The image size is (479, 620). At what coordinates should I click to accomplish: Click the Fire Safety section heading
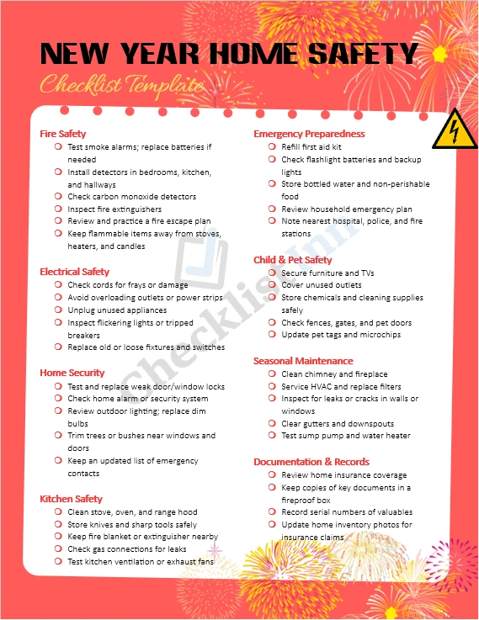[63, 133]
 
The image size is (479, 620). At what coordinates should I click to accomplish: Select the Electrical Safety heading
[75, 272]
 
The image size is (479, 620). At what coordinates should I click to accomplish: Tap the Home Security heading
[72, 373]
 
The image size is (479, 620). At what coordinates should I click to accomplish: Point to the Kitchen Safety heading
[72, 499]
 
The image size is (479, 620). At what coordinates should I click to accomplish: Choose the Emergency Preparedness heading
[309, 134]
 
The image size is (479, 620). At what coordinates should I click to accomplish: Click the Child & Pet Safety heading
[293, 260]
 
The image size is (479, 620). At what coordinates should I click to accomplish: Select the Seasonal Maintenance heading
[303, 361]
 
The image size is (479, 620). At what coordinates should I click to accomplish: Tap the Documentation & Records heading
[311, 462]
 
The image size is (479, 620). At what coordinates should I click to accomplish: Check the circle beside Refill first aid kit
[272, 146]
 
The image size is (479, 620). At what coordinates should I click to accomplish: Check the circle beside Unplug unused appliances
[58, 310]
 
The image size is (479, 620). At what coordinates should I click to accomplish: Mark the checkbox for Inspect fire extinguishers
[58, 209]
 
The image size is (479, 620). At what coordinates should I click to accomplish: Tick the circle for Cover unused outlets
[272, 285]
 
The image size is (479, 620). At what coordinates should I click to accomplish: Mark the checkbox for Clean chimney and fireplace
[272, 374]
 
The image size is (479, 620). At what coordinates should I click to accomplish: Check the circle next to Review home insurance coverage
[272, 474]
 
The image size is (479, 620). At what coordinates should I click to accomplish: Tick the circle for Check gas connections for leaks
[58, 548]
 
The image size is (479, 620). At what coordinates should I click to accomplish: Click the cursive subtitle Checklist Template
[123, 85]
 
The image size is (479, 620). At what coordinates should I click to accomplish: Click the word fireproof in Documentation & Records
[301, 500]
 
